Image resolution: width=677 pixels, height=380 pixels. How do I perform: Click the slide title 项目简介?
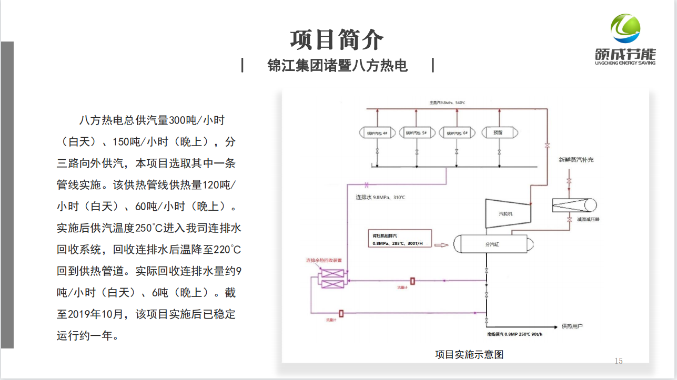point(337,39)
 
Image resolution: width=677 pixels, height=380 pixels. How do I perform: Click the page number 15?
point(619,361)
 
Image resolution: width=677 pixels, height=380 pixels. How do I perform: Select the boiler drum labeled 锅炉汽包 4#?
point(377,133)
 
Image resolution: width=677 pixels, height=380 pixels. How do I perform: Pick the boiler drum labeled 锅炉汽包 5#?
point(417,133)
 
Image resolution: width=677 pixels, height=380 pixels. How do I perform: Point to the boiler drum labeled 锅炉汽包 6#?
point(457,133)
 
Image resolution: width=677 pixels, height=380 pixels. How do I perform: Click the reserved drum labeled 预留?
point(498,133)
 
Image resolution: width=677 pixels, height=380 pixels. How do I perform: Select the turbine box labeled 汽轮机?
point(506,213)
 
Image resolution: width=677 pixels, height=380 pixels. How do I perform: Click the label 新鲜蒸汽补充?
point(576,159)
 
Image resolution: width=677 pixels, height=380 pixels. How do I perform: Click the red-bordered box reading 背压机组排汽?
point(399,239)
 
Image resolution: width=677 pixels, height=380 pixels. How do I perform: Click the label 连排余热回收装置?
point(324,260)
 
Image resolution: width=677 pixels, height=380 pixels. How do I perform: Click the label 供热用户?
point(572,326)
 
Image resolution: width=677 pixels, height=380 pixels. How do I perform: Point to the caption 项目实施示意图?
point(469,354)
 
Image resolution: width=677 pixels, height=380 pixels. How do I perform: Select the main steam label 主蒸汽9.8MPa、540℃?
point(447,103)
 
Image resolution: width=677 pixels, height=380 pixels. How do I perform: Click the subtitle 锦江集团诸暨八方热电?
point(337,66)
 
